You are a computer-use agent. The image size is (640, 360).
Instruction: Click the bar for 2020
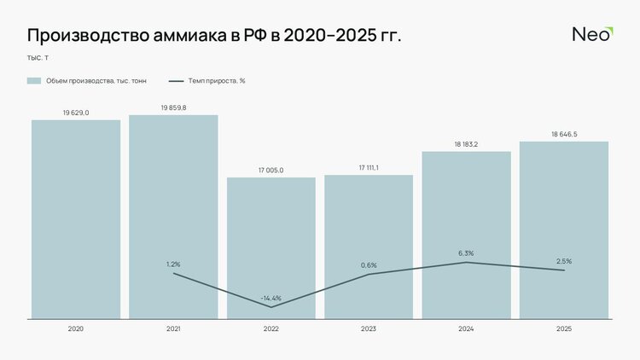76,219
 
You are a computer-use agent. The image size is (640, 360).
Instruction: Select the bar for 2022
271,247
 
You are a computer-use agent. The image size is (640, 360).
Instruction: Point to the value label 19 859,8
173,107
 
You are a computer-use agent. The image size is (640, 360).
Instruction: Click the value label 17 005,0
271,171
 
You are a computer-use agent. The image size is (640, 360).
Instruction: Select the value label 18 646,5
563,134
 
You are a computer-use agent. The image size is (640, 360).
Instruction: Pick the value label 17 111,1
369,168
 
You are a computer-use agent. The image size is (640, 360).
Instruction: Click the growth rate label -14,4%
271,298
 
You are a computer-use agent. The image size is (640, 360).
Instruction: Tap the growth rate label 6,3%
466,253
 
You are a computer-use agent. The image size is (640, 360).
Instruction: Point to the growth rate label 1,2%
173,264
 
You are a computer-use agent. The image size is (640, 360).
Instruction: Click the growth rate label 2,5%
563,261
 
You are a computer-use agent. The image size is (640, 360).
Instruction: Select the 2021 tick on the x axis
173,328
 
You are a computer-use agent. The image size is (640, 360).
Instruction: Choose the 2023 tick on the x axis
369,328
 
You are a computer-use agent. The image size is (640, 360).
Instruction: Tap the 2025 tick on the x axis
563,328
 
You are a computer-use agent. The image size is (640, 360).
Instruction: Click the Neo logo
591,35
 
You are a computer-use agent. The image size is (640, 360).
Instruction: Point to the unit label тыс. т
38,58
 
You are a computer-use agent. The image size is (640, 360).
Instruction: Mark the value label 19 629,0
76,113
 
